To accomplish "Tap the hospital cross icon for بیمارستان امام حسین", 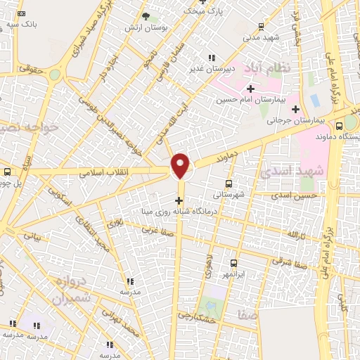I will pyautogui.click(x=250, y=89).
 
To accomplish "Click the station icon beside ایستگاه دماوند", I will pyautogui.click(x=340, y=126).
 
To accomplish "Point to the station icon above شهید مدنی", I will pyautogui.click(x=261, y=27).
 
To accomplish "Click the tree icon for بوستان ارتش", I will pyautogui.click(x=146, y=15).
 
